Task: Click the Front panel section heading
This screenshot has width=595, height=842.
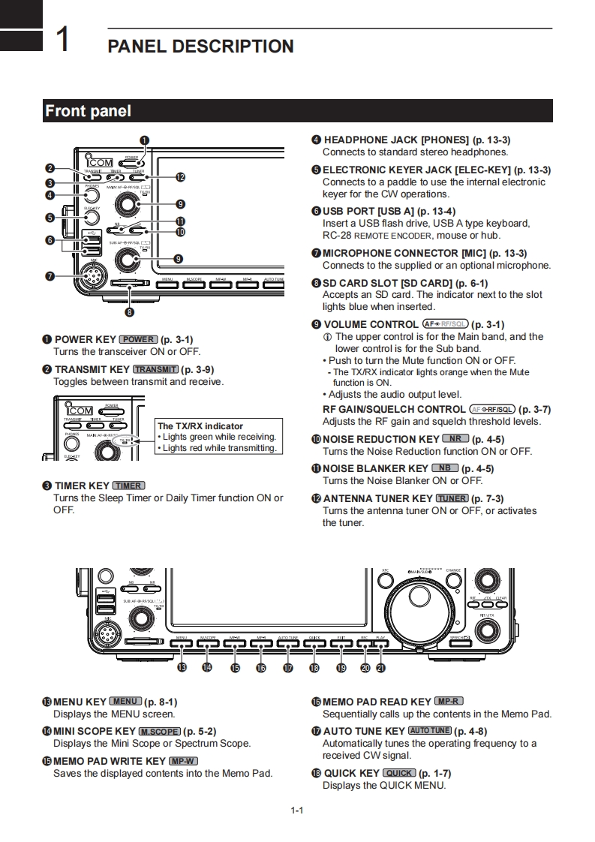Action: coord(88,111)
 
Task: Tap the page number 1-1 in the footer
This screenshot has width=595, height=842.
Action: coord(297,810)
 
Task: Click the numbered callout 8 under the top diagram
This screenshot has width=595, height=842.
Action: coord(130,311)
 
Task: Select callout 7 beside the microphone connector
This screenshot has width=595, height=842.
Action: coord(50,276)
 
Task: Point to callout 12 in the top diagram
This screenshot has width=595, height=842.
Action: coord(180,178)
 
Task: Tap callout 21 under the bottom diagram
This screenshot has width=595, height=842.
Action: coord(380,667)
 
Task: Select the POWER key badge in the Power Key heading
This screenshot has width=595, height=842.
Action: coord(139,339)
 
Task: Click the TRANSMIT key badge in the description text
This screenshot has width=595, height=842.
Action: coord(156,369)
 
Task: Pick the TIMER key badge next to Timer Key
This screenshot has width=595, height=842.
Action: coord(129,486)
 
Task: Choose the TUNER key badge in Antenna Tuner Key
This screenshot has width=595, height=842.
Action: coord(452,498)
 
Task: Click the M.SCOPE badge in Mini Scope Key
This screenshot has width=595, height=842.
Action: coord(159,731)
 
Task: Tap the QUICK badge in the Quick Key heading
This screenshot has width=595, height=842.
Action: coord(398,773)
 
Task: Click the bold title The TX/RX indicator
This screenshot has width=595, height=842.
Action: coord(200,426)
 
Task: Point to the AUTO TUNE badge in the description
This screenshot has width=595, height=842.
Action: coord(430,731)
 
